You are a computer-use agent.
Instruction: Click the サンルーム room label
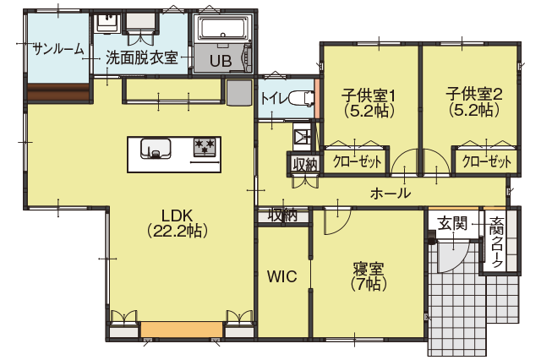[x=58, y=49]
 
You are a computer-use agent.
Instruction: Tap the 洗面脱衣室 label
[x=142, y=57]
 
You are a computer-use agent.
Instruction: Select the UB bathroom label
[x=221, y=62]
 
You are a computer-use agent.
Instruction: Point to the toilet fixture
[x=301, y=99]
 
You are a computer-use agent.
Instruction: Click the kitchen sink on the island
[x=156, y=149]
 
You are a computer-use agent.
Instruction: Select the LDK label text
[x=177, y=215]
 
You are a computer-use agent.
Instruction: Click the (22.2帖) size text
[x=177, y=231]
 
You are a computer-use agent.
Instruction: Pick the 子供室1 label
[x=369, y=95]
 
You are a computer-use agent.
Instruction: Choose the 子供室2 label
[x=474, y=94]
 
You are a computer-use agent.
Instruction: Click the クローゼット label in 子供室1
[x=357, y=161]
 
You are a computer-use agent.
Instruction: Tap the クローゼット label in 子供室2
[x=487, y=161]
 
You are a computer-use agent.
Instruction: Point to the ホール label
[x=391, y=194]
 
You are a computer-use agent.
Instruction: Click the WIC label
[x=281, y=276]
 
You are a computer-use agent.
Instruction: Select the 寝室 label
[x=369, y=269]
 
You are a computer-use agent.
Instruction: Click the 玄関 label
[x=452, y=223]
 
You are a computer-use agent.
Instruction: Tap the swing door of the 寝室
[x=336, y=221]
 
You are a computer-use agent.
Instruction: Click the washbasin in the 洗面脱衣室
[x=108, y=23]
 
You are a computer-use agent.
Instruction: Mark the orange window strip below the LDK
[x=182, y=330]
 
